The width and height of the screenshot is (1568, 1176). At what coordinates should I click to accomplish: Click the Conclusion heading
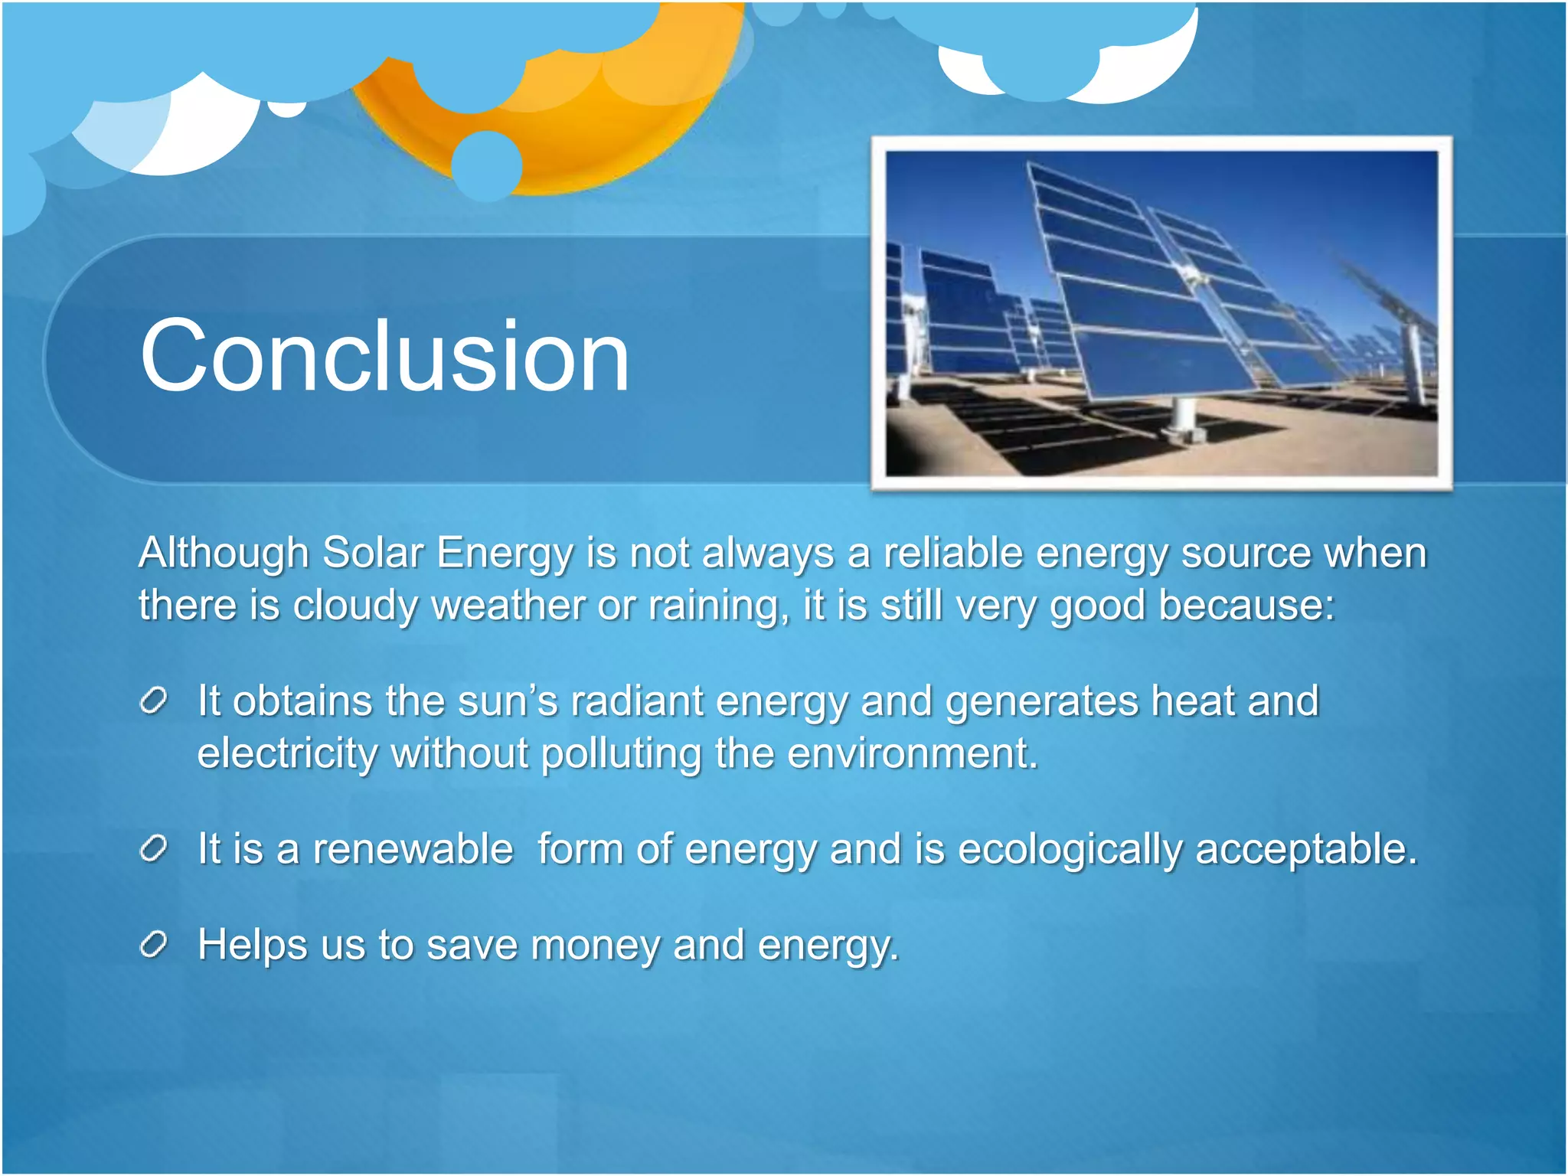384,356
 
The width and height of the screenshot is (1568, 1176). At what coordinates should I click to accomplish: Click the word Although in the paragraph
223,553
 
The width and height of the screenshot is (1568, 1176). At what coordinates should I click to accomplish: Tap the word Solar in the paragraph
372,553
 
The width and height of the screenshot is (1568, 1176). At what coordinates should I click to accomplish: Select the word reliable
952,553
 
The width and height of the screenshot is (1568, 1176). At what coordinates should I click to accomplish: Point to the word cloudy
355,605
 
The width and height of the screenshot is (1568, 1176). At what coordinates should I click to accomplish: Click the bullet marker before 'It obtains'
153,701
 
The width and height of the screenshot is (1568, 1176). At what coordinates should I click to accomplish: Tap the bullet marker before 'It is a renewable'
153,848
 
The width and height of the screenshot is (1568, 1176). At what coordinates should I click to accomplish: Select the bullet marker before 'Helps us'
153,945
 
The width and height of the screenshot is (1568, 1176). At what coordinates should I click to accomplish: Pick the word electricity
287,753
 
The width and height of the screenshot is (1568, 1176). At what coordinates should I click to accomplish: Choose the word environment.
911,753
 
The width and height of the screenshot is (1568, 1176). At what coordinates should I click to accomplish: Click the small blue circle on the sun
487,165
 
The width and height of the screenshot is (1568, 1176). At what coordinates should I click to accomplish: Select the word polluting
621,753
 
